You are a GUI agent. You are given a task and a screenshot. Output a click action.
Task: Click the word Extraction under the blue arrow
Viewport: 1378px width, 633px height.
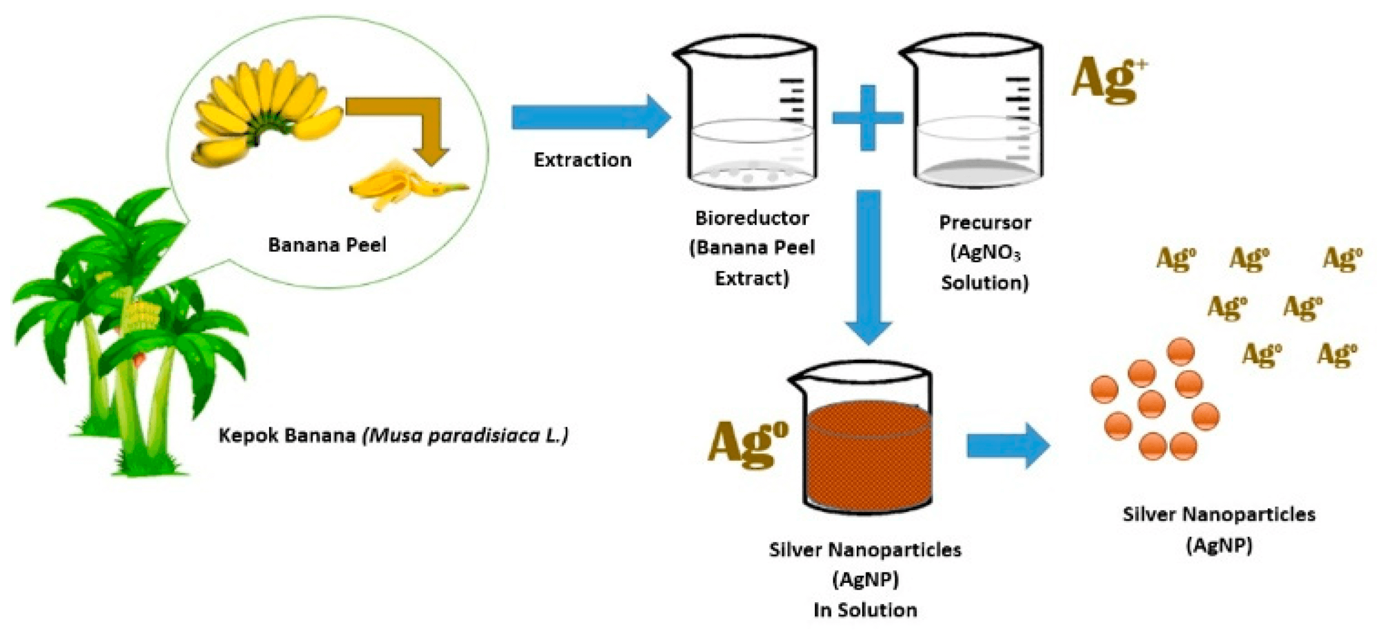pos(582,160)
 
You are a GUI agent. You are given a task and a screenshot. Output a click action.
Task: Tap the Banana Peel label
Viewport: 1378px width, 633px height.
pos(327,245)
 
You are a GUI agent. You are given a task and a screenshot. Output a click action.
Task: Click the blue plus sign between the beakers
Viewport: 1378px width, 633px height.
pos(867,117)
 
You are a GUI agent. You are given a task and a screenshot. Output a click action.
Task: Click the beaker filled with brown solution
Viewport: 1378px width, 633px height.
pos(867,441)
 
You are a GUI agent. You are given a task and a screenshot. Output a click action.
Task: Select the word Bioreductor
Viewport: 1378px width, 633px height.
pos(751,218)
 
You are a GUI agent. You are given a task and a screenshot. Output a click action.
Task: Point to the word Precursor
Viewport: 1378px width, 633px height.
pos(985,222)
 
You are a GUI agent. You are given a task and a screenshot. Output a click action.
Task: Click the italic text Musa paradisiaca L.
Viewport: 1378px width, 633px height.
pos(466,435)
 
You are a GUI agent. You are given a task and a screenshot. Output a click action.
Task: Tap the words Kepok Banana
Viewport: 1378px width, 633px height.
pos(287,435)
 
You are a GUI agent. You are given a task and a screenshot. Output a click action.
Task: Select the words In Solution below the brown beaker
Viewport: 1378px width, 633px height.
pos(865,610)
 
